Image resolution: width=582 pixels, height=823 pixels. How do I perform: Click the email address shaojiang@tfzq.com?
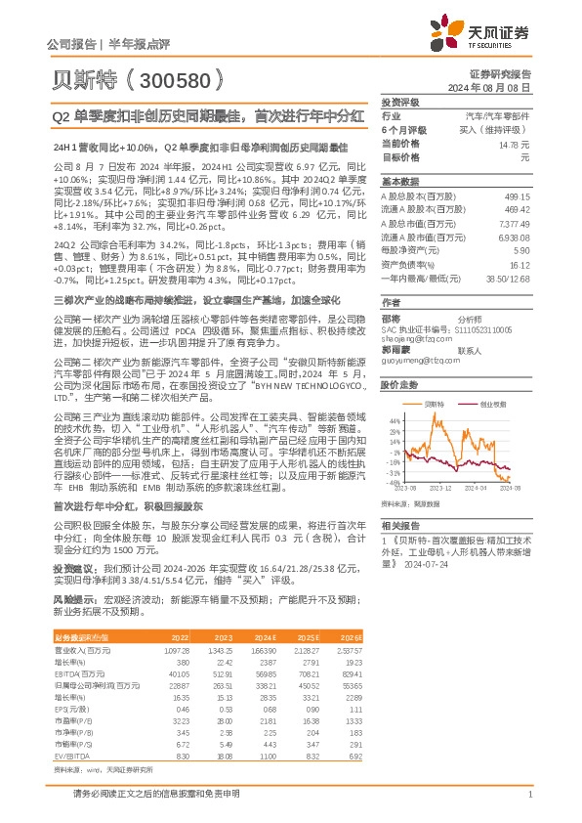point(410,338)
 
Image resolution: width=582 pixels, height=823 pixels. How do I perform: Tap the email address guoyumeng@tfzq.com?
point(412,361)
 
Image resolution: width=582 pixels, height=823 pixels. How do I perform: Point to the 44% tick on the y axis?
point(394,416)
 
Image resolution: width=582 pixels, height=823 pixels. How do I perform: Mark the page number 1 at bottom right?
point(529,796)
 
